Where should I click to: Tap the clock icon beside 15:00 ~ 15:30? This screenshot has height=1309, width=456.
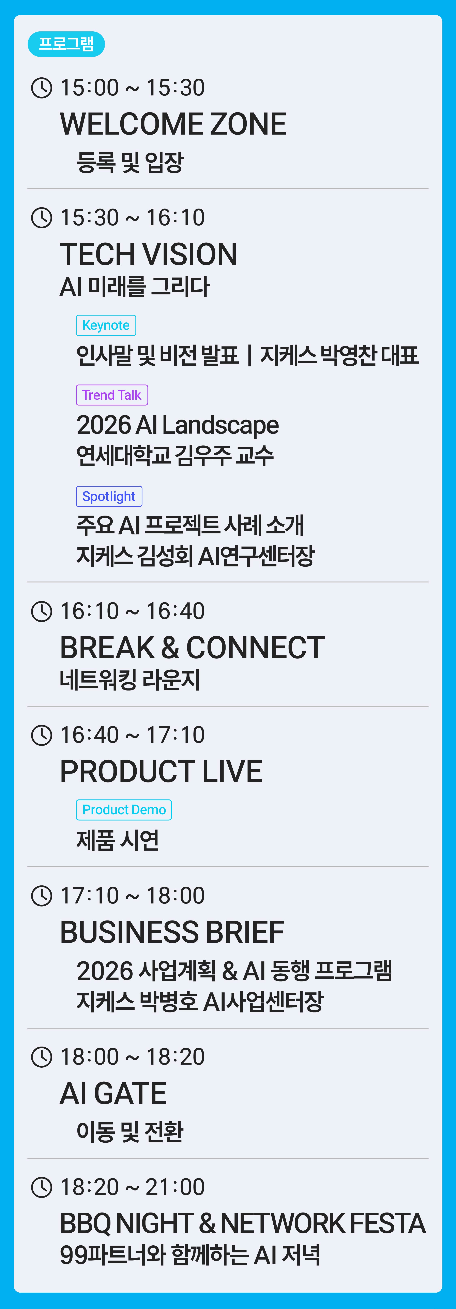42,87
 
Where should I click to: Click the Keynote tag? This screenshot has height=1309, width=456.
106,325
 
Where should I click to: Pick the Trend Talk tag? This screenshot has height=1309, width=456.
112,395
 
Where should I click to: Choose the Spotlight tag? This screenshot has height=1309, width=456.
109,497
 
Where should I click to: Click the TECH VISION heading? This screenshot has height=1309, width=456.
148,254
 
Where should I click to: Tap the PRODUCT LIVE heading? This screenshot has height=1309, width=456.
161,771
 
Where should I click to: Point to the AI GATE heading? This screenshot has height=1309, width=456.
113,1094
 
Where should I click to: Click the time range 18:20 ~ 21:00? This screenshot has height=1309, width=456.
132,1187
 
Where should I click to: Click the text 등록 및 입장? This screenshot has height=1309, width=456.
130,162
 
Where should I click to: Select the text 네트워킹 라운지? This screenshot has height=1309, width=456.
130,679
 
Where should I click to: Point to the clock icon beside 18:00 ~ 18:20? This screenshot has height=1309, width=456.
42,1057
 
